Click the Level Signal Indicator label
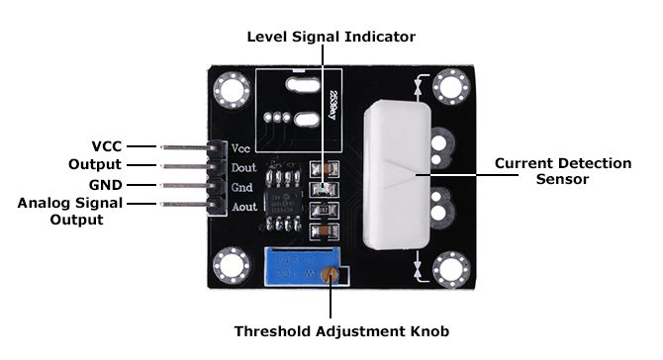331,37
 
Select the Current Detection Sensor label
562,171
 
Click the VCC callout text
106,144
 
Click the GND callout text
105,185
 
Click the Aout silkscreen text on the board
244,207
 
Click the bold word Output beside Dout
95,164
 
